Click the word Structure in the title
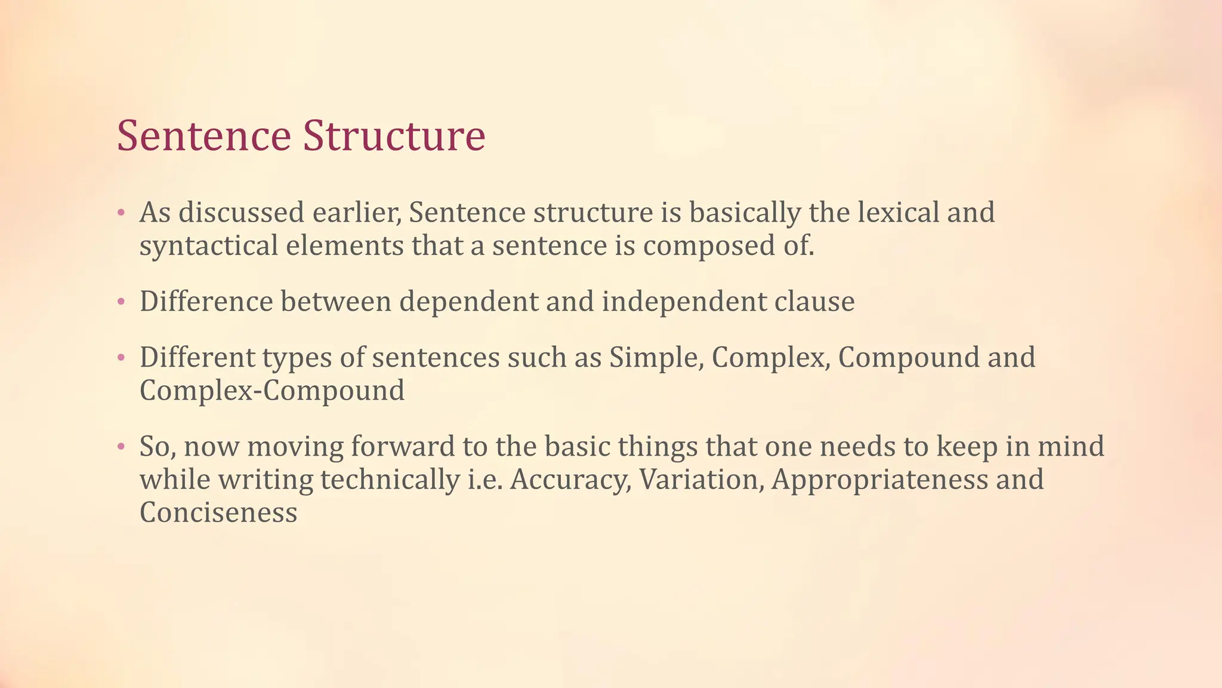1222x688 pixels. pyautogui.click(x=394, y=136)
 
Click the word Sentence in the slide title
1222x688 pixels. pyautogui.click(x=203, y=136)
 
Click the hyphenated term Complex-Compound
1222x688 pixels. pyautogui.click(x=272, y=391)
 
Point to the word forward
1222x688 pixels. pyautogui.click(x=403, y=446)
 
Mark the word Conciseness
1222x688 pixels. pyautogui.click(x=218, y=512)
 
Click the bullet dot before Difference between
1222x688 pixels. pyautogui.click(x=121, y=302)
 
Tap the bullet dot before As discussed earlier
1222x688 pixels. pyautogui.click(x=121, y=213)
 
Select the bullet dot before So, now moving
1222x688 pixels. pyautogui.click(x=121, y=447)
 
